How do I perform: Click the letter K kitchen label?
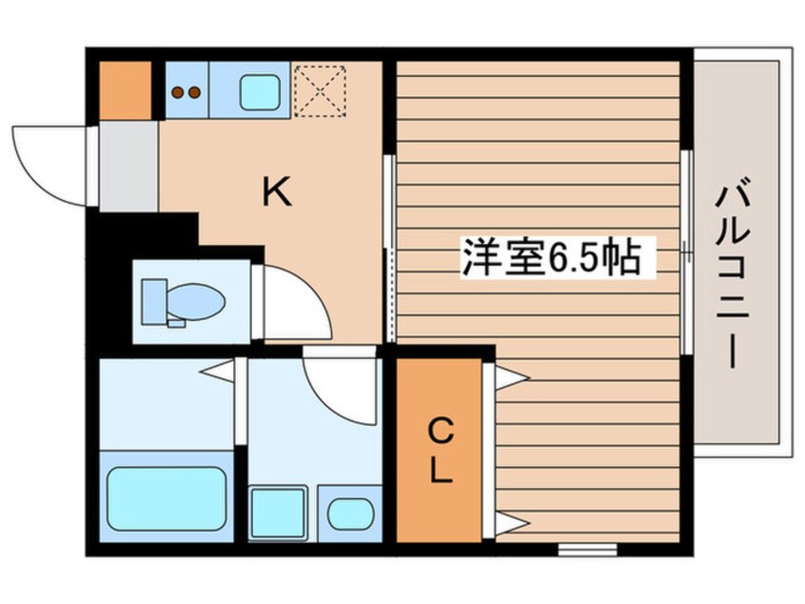[x=277, y=194]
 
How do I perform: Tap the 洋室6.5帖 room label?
[x=550, y=257]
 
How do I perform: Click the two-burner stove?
[x=187, y=92]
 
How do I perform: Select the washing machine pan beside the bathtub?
[x=277, y=513]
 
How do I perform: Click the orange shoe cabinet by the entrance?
[x=125, y=89]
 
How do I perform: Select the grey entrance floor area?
[x=128, y=167]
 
